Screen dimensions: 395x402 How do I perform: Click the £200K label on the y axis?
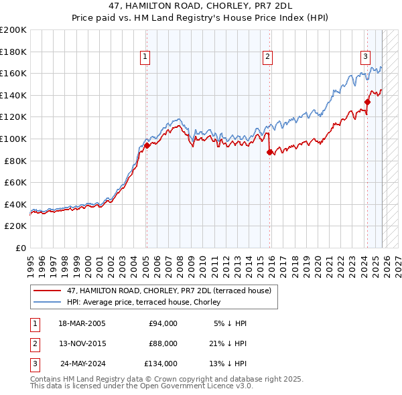click(13, 30)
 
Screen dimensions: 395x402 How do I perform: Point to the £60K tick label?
click(15, 182)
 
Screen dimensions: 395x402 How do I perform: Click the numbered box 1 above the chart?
click(145, 58)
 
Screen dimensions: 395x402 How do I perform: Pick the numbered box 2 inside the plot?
click(267, 58)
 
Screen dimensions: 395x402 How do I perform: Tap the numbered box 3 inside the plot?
click(365, 58)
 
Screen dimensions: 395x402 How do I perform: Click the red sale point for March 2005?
click(147, 145)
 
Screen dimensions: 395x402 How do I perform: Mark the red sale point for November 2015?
click(269, 152)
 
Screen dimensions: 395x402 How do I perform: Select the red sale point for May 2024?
click(367, 102)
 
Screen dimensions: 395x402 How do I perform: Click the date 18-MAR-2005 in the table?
click(82, 323)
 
